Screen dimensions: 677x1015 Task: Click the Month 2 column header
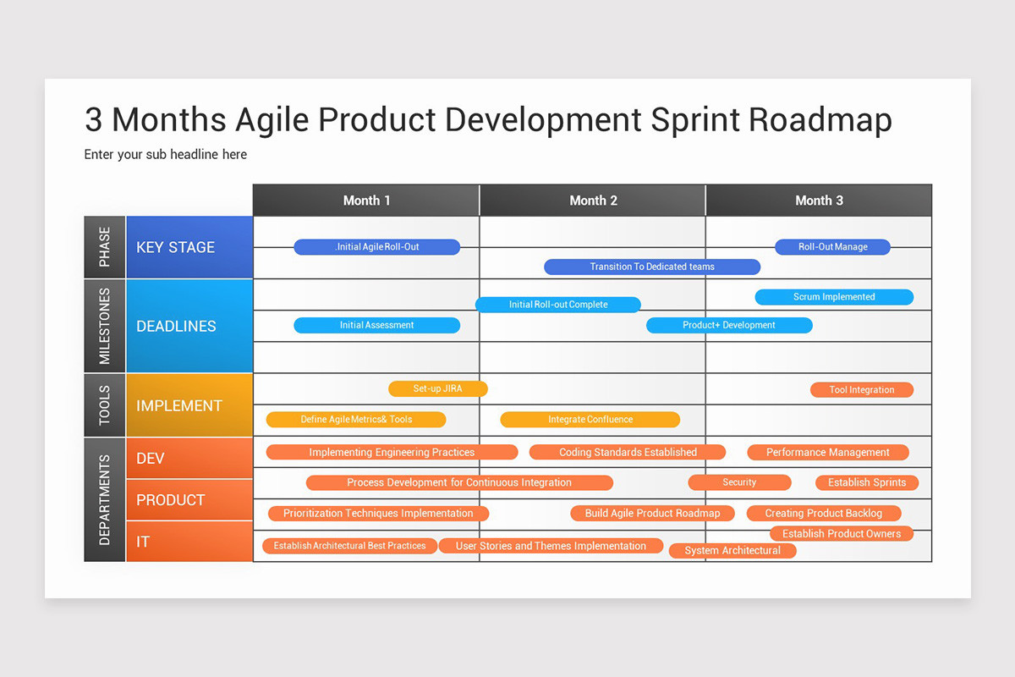pos(593,201)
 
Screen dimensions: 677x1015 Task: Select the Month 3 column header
pos(819,201)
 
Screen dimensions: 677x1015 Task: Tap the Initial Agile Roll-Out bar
pos(377,247)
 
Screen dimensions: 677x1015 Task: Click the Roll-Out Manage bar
pos(833,247)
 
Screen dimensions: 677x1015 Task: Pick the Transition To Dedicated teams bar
pos(652,267)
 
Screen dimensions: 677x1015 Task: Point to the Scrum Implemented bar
pos(834,297)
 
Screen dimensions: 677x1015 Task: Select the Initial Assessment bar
pos(377,325)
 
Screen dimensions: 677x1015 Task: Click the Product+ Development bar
pos(729,325)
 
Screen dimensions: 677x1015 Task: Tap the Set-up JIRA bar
pos(438,389)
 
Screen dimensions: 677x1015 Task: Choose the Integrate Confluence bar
pos(590,420)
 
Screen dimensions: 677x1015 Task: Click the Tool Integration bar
pos(862,390)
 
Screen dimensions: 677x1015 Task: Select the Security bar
pos(739,482)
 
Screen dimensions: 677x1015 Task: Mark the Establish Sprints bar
pos(867,482)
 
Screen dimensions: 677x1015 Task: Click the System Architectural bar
pos(732,551)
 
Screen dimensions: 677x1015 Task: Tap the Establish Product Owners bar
pos(842,534)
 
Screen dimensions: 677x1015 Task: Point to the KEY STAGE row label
pos(176,247)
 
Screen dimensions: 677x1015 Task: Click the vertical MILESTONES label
pos(105,326)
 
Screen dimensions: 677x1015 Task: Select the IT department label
pos(143,542)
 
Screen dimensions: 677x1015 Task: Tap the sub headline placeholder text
pos(166,155)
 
